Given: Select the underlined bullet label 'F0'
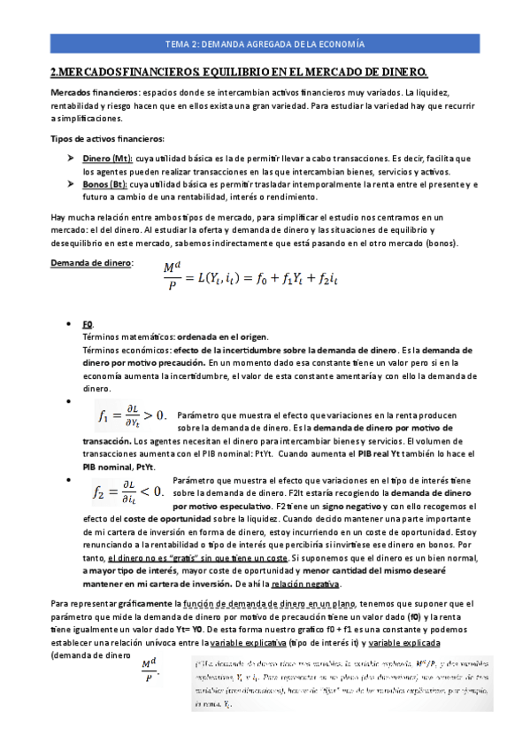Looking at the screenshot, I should point(88,324).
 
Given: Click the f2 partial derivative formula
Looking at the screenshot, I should point(128,488).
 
